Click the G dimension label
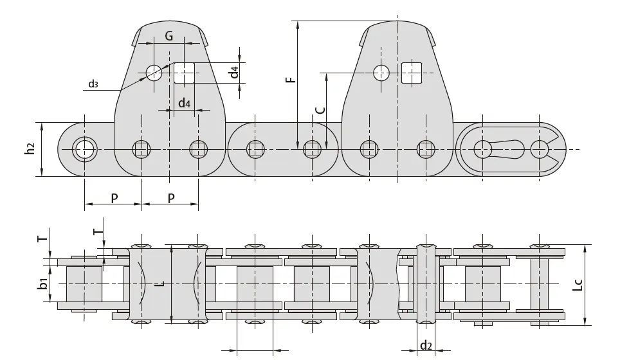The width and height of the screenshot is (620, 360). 169,36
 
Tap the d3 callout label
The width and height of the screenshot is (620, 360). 93,84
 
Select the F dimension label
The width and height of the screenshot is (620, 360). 290,80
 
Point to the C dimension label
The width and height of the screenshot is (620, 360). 320,110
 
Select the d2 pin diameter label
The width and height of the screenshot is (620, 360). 426,346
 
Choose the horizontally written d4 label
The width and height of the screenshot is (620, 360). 184,103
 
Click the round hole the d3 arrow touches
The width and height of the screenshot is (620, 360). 154,73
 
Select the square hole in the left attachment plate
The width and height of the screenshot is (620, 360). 184,73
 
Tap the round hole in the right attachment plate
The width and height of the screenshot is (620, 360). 381,73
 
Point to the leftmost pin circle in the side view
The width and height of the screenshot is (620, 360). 84,149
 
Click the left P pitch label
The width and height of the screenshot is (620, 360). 114,198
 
